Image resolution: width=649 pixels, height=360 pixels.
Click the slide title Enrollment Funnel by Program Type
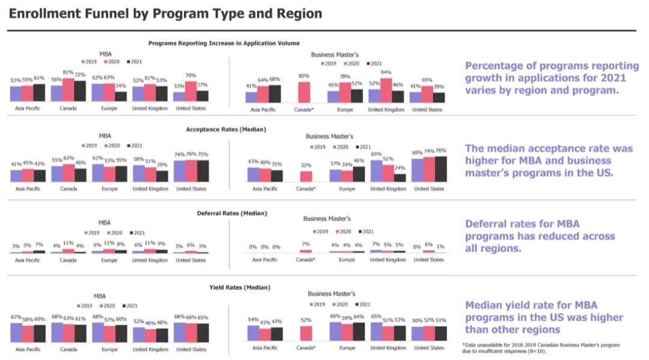(165, 13)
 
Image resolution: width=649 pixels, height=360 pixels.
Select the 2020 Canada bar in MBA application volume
(68, 90)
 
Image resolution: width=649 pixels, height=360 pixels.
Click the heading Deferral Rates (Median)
(232, 213)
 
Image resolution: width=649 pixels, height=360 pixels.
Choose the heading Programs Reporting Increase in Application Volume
(224, 43)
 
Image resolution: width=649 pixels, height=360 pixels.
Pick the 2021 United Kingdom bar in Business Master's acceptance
(400, 177)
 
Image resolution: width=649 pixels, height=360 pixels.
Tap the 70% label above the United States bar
(190, 76)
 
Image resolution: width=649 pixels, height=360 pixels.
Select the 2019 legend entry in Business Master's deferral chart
(320, 231)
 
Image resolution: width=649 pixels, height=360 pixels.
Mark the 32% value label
(305, 165)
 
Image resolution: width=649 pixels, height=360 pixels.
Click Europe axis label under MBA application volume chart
(109, 109)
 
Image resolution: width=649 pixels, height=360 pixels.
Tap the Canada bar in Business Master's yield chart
(305, 333)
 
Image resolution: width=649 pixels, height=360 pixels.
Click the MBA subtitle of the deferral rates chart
(104, 222)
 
